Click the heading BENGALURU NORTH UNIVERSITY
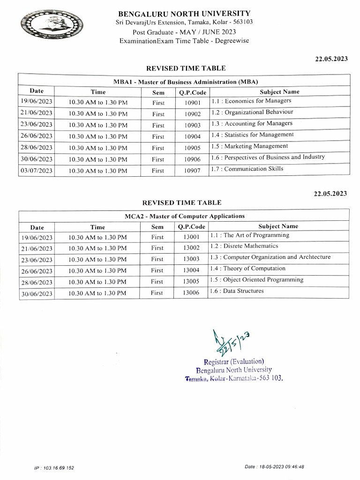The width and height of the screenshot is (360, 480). [x=184, y=14]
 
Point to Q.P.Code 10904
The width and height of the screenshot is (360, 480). [x=192, y=136]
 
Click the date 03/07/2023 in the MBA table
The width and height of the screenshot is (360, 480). [x=36, y=171]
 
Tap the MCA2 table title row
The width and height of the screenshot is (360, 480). [x=184, y=216]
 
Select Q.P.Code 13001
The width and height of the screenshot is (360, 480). [x=191, y=237]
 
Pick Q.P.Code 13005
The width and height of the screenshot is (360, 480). [x=191, y=282]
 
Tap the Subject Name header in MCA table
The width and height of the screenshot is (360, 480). [x=278, y=226]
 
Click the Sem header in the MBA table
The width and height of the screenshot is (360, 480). [x=158, y=92]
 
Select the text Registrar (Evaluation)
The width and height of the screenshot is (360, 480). [x=234, y=361]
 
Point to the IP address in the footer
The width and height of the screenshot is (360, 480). [x=54, y=468]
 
